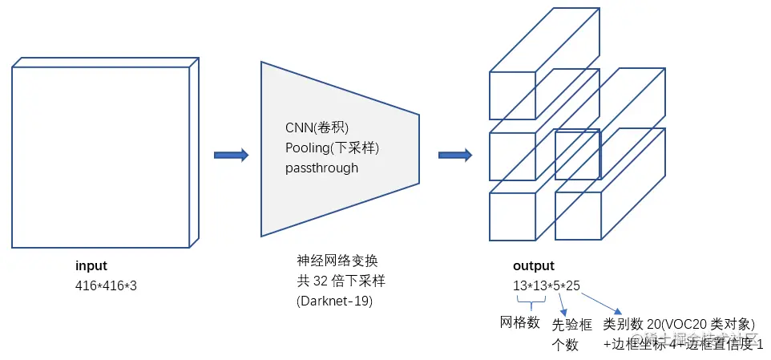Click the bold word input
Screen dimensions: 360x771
click(91, 266)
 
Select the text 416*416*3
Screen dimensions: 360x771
click(107, 285)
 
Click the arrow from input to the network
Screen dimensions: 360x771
click(231, 155)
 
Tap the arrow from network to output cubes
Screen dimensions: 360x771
click(454, 155)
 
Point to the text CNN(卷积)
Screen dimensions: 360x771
click(317, 128)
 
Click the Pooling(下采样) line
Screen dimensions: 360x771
click(332, 148)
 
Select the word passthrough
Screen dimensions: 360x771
click(321, 168)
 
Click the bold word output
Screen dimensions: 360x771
click(533, 266)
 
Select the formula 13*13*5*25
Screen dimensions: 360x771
click(547, 285)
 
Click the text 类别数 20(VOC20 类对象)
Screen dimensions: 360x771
click(680, 324)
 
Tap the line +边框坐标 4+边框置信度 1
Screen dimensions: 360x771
click(684, 344)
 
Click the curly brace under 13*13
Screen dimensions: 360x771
click(529, 302)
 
